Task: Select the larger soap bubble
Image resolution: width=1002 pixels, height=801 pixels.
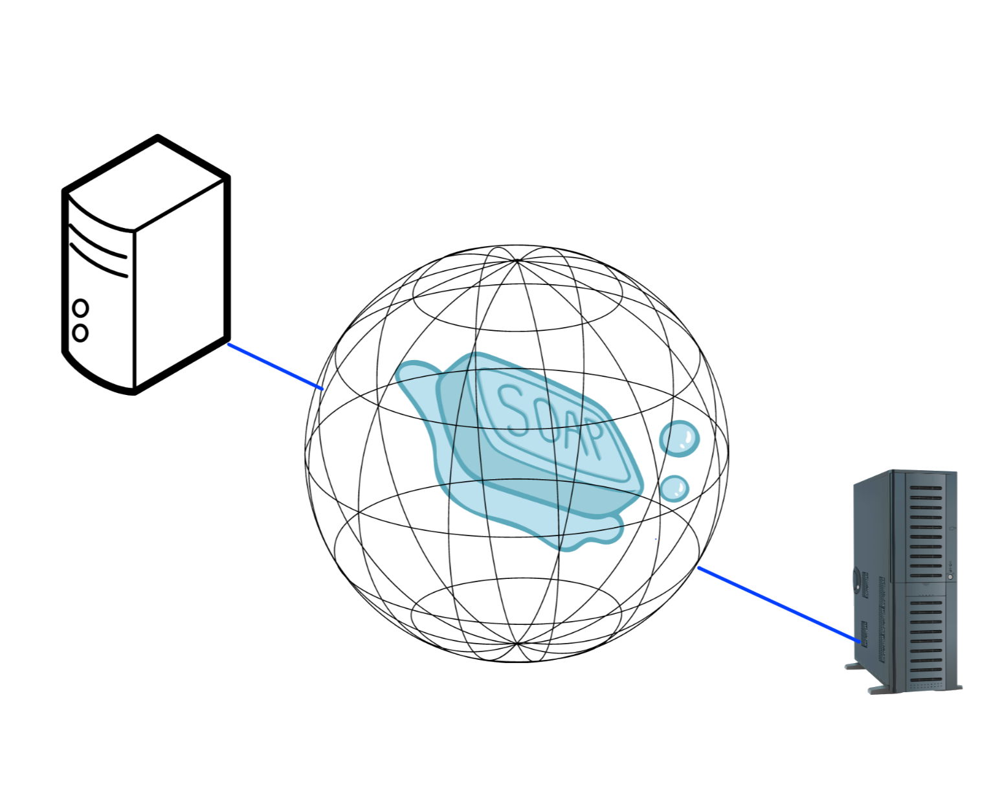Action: [x=679, y=438]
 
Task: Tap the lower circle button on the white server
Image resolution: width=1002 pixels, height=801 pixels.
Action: [x=80, y=333]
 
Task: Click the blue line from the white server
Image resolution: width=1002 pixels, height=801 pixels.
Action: [x=275, y=367]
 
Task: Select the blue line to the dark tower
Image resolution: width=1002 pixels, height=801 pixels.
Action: [x=777, y=605]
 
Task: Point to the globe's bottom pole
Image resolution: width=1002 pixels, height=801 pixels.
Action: [x=517, y=644]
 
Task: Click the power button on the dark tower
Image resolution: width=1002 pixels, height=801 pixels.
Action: [x=950, y=576]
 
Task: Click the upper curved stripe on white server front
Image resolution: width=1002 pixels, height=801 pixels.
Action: [x=97, y=232]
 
